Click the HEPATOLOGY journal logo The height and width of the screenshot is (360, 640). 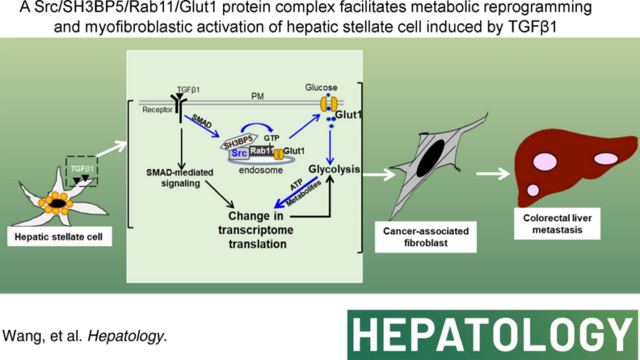pos(492,335)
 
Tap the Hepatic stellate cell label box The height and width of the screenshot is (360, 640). pos(59,237)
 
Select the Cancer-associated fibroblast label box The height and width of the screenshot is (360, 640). pos(425,237)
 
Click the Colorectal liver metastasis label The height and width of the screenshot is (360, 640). pos(557,224)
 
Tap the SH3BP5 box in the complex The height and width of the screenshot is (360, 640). pos(238,142)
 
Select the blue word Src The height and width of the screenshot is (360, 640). pos(239,153)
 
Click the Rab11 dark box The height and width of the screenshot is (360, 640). pos(262,151)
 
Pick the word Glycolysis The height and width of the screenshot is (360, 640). pos(334,169)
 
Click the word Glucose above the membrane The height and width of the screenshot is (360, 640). pos(321,87)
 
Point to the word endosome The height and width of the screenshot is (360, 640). pos(261,170)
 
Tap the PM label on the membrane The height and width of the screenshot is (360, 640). pos(257,96)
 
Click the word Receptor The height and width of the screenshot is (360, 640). pos(157,110)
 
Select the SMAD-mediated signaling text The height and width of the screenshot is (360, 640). pos(180,178)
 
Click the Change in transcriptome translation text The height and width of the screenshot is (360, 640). pos(256,230)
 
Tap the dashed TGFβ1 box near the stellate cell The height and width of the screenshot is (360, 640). pos(82,171)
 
